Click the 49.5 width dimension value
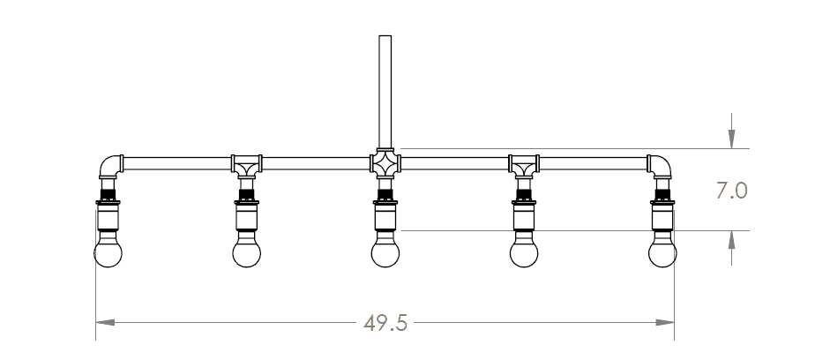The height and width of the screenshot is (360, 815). tap(385, 324)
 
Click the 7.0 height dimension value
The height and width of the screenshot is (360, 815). tap(731, 191)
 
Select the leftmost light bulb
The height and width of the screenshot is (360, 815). tap(108, 252)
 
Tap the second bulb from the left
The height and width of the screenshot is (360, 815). tap(246, 252)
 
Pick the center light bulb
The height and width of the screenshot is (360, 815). tap(385, 252)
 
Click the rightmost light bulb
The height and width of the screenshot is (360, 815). tap(662, 252)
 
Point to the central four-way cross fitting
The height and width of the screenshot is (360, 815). tap(385, 163)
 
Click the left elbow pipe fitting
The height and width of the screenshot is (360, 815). tap(109, 165)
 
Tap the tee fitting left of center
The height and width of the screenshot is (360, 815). tap(246, 163)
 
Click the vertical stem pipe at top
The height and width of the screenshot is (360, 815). tap(385, 88)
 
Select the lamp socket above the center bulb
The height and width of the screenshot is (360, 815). tap(385, 213)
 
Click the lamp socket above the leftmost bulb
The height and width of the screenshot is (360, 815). tap(108, 213)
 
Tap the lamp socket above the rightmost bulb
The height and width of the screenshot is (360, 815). tap(662, 213)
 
